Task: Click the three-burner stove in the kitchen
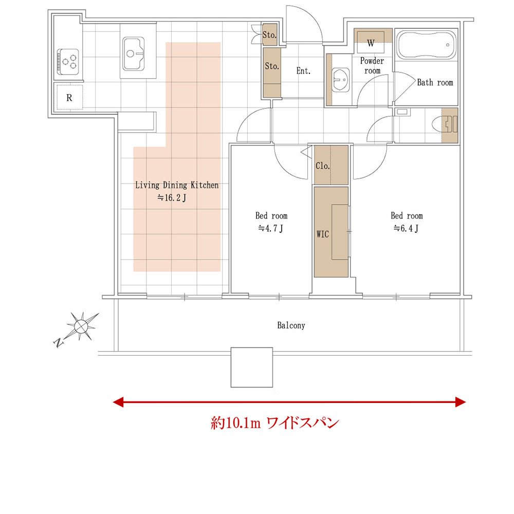68,62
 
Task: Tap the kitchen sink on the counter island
134,54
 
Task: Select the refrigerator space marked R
69,97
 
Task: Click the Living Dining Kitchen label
177,185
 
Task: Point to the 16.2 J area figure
172,198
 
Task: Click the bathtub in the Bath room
426,45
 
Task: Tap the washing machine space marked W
371,42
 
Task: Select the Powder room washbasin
341,80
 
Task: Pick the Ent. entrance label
303,71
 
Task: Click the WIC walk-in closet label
323,234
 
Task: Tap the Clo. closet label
323,166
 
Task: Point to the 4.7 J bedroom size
271,228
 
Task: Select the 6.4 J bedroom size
406,228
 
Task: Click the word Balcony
291,325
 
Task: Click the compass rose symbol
81,326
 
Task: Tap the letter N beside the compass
58,342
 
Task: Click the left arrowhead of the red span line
118,402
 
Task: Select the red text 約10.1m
236,423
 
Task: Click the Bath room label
435,82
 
